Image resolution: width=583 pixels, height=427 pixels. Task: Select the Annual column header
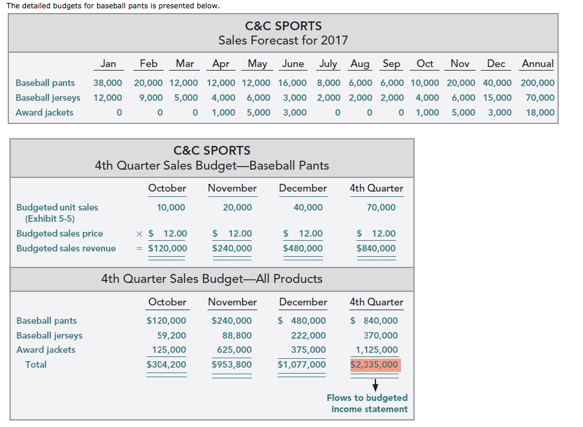coord(537,63)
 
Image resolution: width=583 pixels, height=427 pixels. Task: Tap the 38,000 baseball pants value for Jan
coord(107,83)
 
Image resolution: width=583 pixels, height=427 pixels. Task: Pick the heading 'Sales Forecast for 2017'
coord(283,40)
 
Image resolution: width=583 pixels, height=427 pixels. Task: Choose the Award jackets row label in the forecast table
coord(44,113)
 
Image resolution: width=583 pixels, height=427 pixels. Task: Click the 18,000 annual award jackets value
coord(540,113)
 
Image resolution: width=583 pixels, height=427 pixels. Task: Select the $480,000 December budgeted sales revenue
coord(303,248)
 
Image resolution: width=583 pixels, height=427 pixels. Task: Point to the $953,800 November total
coord(231,365)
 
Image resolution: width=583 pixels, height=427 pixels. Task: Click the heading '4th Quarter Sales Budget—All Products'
coord(212,279)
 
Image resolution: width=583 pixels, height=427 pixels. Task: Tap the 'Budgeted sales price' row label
coord(59,234)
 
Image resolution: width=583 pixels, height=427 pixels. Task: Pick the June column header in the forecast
coord(293,63)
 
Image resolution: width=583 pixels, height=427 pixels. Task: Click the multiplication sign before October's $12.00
coord(140,234)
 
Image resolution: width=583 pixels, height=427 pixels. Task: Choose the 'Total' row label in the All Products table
coord(36,365)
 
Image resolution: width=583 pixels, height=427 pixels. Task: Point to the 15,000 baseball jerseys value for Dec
coord(499,98)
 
